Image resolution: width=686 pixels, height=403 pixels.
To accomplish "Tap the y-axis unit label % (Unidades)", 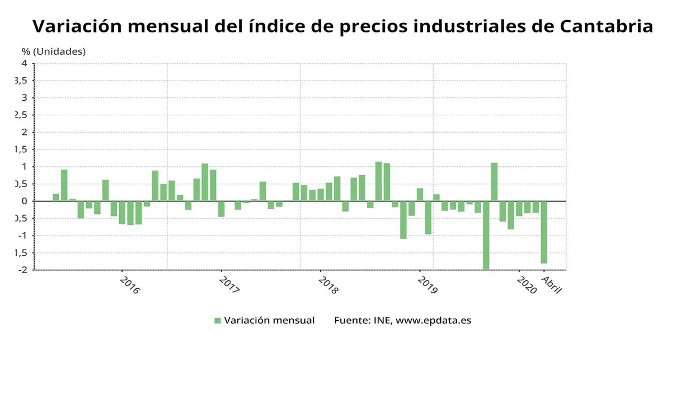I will [x=54, y=51].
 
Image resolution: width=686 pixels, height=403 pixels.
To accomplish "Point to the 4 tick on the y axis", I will [x=24, y=63].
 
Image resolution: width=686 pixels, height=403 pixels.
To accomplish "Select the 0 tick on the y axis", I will [x=24, y=201].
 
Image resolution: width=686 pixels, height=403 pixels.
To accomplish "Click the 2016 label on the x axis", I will [x=130, y=285].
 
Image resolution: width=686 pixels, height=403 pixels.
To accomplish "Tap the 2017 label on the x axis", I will [x=229, y=285].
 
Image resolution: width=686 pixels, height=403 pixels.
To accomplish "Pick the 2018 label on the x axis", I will [x=328, y=285].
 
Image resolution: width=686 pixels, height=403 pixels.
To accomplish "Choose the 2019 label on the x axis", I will [x=427, y=285].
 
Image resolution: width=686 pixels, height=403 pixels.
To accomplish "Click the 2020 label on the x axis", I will [x=527, y=285].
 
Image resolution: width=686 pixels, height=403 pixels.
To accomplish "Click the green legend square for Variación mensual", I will [x=218, y=321].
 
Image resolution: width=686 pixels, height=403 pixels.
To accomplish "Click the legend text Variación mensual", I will [x=269, y=321].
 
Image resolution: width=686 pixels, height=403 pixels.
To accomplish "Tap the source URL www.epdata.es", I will [x=433, y=321].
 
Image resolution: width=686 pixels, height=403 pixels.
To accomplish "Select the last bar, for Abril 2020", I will [x=544, y=232].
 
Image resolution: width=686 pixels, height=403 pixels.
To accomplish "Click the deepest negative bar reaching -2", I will [x=486, y=235].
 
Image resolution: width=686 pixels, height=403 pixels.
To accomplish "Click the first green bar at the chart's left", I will [x=56, y=197].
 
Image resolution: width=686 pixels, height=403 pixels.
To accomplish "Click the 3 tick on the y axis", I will [x=24, y=98].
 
